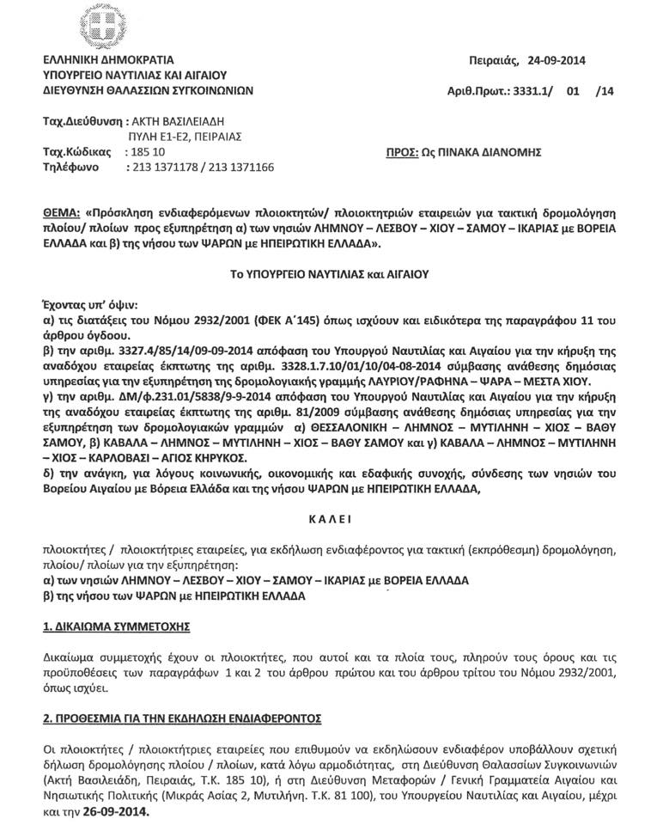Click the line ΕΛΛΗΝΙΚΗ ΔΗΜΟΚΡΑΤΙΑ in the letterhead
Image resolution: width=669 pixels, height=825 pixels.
click(107, 60)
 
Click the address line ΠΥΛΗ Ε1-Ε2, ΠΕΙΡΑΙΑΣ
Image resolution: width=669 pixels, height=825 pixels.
click(184, 136)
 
